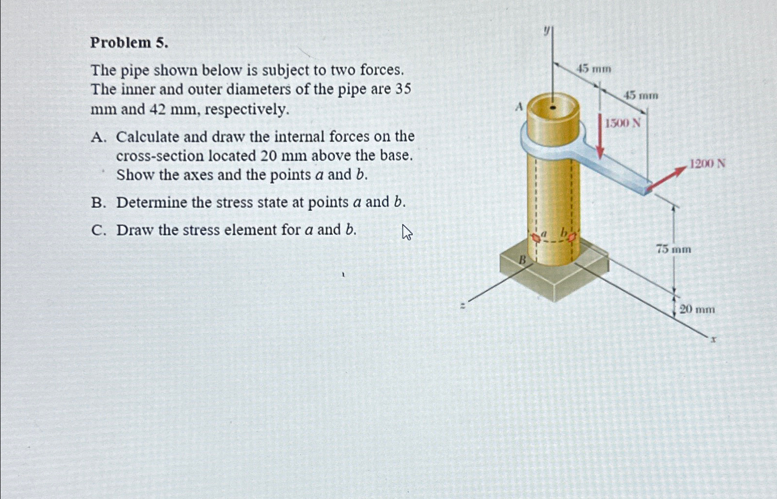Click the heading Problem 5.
pos(129,43)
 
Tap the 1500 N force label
pos(622,123)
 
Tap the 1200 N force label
pos(707,163)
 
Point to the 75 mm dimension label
pos(673,249)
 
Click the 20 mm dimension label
pos(697,309)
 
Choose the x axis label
pos(713,339)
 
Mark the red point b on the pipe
pos(571,237)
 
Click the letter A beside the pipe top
pos(519,106)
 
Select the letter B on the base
pos(522,260)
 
